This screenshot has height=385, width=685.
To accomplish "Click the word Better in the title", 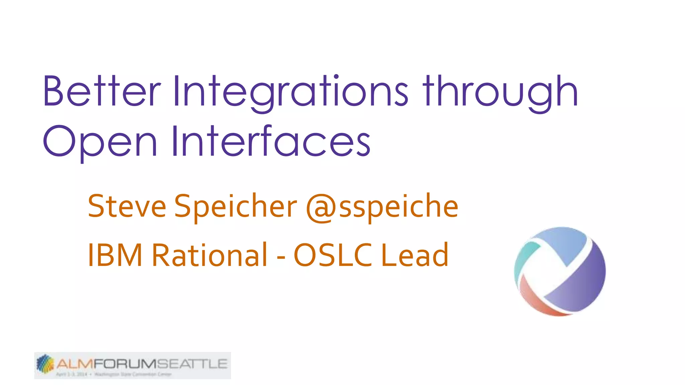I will (x=102, y=91).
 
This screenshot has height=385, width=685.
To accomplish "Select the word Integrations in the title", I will (x=290, y=92).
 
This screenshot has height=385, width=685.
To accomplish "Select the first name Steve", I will (x=127, y=206).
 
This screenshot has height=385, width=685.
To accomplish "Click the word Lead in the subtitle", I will (x=415, y=255).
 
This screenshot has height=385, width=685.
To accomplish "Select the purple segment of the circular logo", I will (x=582, y=284).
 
